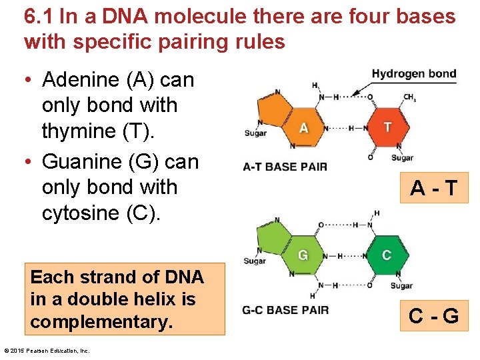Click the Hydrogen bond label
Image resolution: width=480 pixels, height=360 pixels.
pyautogui.click(x=413, y=74)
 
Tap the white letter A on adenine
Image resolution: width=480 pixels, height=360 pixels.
pyautogui.click(x=303, y=127)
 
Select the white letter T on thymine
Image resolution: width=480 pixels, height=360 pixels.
pyautogui.click(x=387, y=127)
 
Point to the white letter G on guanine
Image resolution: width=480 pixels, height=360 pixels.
pyautogui.click(x=303, y=255)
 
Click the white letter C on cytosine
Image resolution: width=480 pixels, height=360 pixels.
pyautogui.click(x=387, y=255)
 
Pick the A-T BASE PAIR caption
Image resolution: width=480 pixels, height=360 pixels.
pyautogui.click(x=285, y=167)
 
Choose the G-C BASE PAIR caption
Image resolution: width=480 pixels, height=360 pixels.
pyautogui.click(x=285, y=310)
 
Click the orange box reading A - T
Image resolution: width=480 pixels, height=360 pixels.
pyautogui.click(x=433, y=189)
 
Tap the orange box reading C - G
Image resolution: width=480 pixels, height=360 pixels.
pyautogui.click(x=433, y=315)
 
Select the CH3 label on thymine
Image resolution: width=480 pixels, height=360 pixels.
pyautogui.click(x=409, y=98)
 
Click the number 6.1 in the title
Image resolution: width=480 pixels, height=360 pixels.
pyautogui.click(x=39, y=17)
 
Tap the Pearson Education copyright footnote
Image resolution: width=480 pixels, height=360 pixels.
pyautogui.click(x=47, y=351)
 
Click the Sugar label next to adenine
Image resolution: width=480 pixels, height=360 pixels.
pyautogui.click(x=255, y=133)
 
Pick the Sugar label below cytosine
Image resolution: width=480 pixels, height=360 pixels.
pyautogui.click(x=401, y=286)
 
